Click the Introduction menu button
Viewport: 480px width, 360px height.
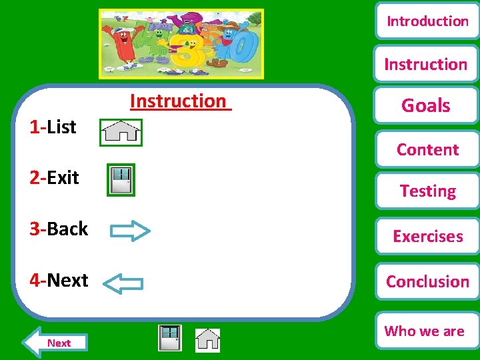click(427, 21)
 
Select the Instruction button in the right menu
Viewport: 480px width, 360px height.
click(426, 65)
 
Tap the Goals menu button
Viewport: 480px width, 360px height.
click(426, 105)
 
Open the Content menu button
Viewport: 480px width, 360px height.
click(427, 149)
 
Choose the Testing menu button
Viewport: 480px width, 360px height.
click(427, 191)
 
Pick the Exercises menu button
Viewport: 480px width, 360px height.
click(427, 236)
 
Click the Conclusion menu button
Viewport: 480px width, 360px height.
click(427, 281)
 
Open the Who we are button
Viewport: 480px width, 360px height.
click(425, 331)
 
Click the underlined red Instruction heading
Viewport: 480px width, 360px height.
click(179, 101)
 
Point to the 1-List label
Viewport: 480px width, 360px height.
click(53, 127)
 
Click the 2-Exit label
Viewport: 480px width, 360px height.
click(54, 177)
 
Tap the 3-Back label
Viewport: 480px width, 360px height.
click(59, 229)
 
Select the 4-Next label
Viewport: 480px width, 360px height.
click(59, 280)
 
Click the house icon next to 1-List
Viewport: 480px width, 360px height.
click(120, 131)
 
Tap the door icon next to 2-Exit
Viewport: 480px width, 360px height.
click(121, 180)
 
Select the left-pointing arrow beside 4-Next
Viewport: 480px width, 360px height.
click(125, 283)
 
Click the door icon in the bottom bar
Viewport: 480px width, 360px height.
click(170, 338)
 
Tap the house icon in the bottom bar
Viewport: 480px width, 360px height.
click(207, 339)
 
